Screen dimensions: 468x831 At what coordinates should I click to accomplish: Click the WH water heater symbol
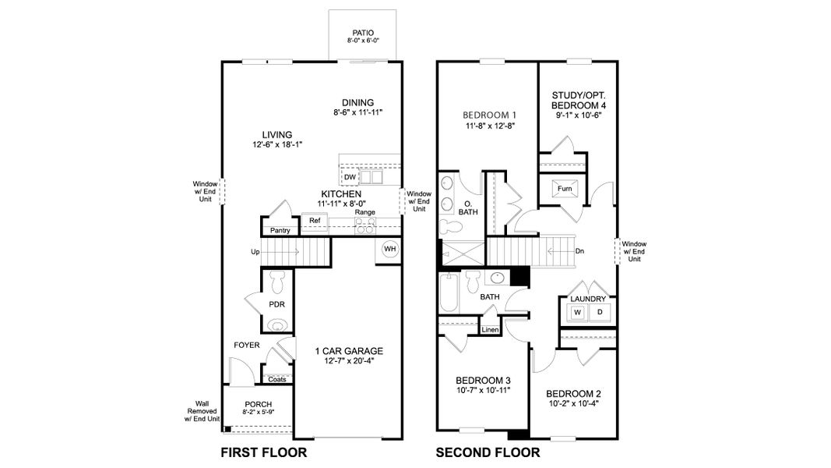point(389,250)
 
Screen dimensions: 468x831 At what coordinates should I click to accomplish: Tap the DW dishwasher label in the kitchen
point(350,177)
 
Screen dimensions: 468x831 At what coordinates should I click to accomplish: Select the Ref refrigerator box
point(315,222)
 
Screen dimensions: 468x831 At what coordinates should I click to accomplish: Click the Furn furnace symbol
point(564,189)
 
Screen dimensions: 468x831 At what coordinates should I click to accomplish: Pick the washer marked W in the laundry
point(577,313)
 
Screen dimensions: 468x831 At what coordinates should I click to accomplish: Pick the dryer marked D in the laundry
point(599,313)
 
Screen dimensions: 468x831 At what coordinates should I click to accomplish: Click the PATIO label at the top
point(364,32)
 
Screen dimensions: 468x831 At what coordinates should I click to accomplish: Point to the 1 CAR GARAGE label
point(348,351)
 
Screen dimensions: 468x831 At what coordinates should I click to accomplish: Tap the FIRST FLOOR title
point(263,452)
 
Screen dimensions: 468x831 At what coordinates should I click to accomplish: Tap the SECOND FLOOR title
point(487,452)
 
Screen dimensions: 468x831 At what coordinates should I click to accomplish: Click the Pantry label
point(280,231)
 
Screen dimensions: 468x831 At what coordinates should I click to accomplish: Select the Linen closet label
point(490,330)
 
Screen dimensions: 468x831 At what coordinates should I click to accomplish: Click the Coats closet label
point(276,380)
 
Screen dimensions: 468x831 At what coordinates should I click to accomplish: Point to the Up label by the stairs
point(255,252)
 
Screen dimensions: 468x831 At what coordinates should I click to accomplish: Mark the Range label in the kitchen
point(364,212)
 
